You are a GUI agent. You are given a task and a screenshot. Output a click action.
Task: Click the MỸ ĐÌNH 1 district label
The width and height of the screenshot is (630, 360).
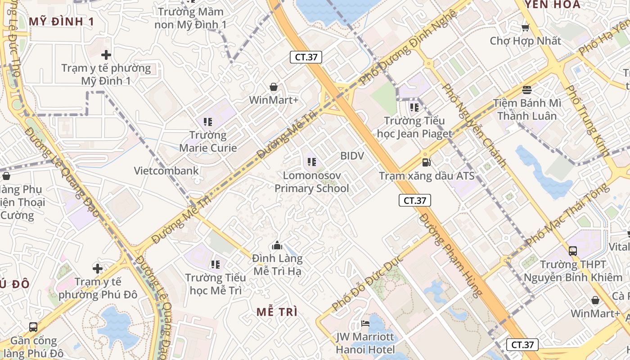tap(62, 21)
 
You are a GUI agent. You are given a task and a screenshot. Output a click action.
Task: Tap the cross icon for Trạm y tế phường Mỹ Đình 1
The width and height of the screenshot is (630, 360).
tap(106, 55)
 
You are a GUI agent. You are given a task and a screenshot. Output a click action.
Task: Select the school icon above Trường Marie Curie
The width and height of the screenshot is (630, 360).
tap(207, 121)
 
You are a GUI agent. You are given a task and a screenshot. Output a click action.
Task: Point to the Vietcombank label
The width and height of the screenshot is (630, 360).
tap(166, 171)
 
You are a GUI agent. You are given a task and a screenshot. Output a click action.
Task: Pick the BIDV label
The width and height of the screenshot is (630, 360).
tap(352, 156)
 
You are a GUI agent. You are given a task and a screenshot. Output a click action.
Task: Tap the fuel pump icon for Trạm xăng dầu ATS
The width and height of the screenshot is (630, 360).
tap(426, 162)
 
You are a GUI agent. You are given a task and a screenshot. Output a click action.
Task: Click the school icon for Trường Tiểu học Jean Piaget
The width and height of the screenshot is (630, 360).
tap(414, 108)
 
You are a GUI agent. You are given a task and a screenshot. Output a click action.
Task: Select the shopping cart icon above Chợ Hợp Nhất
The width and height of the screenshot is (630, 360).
tap(525, 28)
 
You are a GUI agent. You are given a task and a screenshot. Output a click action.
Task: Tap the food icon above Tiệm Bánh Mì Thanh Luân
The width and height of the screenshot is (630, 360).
tap(527, 90)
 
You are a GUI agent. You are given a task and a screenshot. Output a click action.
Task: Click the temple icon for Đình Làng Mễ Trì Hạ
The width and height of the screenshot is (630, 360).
tap(277, 245)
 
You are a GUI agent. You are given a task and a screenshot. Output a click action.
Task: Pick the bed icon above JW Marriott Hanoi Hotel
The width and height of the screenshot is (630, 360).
tap(365, 324)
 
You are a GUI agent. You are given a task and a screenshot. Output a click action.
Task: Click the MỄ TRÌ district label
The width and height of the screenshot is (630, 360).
tap(277, 312)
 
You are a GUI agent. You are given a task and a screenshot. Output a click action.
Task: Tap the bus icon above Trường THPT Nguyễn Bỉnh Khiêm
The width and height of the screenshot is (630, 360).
tap(573, 251)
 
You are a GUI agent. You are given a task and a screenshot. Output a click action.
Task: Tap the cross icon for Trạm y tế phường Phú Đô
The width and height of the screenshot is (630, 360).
tap(98, 269)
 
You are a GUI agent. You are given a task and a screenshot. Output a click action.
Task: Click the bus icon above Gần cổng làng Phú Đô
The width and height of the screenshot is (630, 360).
tap(33, 327)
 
